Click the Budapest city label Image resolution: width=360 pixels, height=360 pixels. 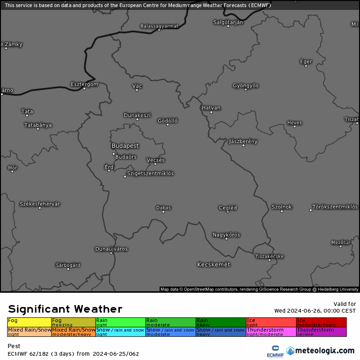pos(125,146)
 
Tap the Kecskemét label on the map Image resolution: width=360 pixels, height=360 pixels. pos(214,264)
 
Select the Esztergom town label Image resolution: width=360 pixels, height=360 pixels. pos(84,84)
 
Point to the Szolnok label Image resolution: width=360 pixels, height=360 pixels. pos(282,207)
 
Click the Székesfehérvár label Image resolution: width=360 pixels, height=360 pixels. pos(40,204)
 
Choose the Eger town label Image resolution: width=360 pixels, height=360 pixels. pos(306,61)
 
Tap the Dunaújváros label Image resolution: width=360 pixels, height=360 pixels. pos(111,249)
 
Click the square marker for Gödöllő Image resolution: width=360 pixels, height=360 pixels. pos(168,125)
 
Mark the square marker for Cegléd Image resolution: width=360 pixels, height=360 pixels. pos(228,212)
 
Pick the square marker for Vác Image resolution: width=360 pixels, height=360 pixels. pos(137,90)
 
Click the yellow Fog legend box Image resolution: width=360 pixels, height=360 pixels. pos(29,322)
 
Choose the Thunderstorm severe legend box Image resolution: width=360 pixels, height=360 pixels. pos(321,332)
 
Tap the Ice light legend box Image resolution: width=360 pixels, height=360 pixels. pos(270,322)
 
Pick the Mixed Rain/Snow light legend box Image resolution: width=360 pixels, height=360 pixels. pos(29,332)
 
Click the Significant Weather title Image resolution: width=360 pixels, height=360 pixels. pos(65,309)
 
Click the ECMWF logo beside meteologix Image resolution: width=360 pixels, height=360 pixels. pos(275,351)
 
